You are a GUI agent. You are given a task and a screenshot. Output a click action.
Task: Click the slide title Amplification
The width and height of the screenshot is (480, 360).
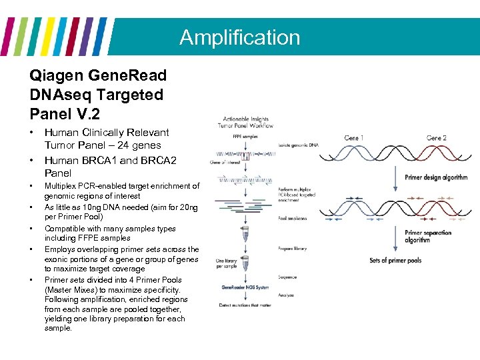coord(239,37)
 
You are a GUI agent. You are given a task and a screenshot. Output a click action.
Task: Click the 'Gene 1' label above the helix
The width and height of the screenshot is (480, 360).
coord(354,137)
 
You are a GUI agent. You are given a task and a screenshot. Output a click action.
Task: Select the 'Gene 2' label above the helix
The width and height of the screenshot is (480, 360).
coord(436,137)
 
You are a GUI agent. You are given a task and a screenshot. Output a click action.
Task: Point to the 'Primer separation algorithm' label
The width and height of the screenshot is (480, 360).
coord(427,237)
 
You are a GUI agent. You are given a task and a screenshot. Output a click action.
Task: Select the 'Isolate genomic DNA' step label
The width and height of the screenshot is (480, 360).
coord(299,145)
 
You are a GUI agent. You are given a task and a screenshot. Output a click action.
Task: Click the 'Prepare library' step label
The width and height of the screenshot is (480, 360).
coord(293,249)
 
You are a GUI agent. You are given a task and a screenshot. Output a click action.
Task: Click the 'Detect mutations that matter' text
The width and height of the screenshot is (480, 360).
coord(245,305)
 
